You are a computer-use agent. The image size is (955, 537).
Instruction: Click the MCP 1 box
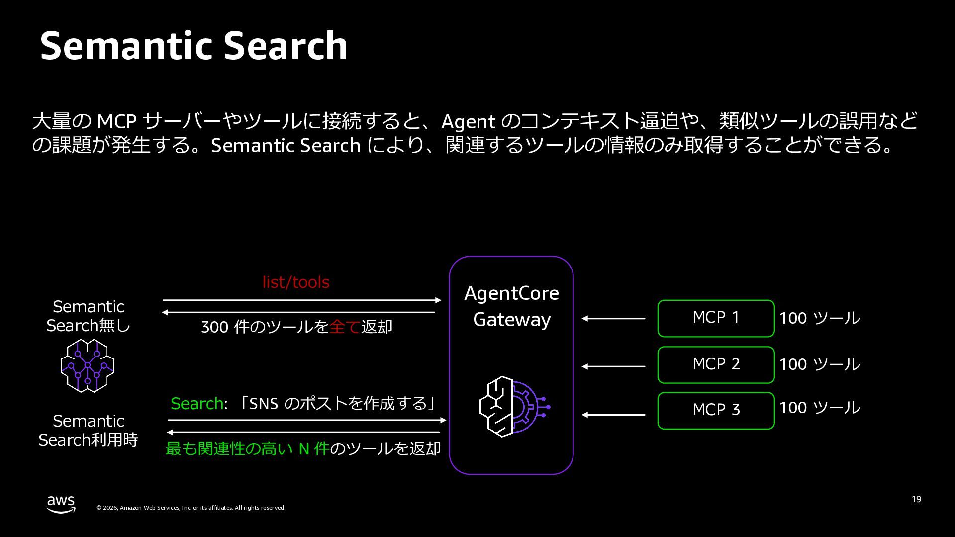(716, 318)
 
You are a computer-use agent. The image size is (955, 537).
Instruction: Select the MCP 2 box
(716, 364)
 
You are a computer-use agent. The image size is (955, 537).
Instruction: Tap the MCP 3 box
(716, 410)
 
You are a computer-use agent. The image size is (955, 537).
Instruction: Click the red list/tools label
(296, 282)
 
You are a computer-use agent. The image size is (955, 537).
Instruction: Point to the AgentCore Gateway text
(511, 306)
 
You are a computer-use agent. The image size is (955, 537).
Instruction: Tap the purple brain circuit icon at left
(88, 365)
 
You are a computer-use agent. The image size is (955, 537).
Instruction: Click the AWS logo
(61, 504)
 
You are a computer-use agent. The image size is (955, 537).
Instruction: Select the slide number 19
(916, 499)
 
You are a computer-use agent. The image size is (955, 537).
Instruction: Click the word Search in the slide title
(286, 46)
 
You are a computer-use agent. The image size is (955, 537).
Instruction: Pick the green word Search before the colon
(196, 403)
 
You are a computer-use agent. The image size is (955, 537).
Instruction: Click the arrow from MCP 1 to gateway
(613, 318)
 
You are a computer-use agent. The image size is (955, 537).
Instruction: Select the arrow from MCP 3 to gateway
(613, 415)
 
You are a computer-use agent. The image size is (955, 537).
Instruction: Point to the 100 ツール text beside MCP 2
(819, 364)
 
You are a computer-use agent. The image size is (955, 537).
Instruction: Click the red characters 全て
(345, 327)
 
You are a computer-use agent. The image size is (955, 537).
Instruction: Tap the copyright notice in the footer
(191, 508)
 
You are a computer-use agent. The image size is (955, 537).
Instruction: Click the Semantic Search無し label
(89, 316)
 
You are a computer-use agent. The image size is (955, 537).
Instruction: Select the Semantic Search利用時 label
(89, 430)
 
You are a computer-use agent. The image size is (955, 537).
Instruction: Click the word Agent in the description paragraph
(468, 122)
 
